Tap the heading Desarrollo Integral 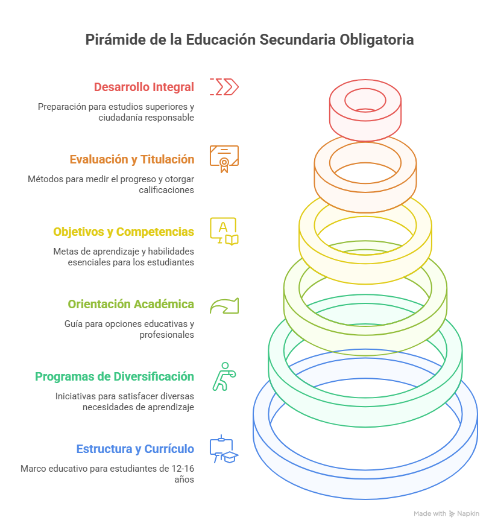point(144,87)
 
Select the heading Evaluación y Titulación point(131,159)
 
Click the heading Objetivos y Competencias point(124,232)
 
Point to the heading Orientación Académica point(131,304)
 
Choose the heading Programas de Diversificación point(115,376)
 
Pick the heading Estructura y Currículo point(135,449)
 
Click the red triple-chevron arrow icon point(224,87)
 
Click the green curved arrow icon point(224,305)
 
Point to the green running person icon point(223,376)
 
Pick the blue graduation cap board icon point(224,449)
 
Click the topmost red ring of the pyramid point(365,124)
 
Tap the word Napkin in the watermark point(468,513)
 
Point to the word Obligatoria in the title point(377,40)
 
